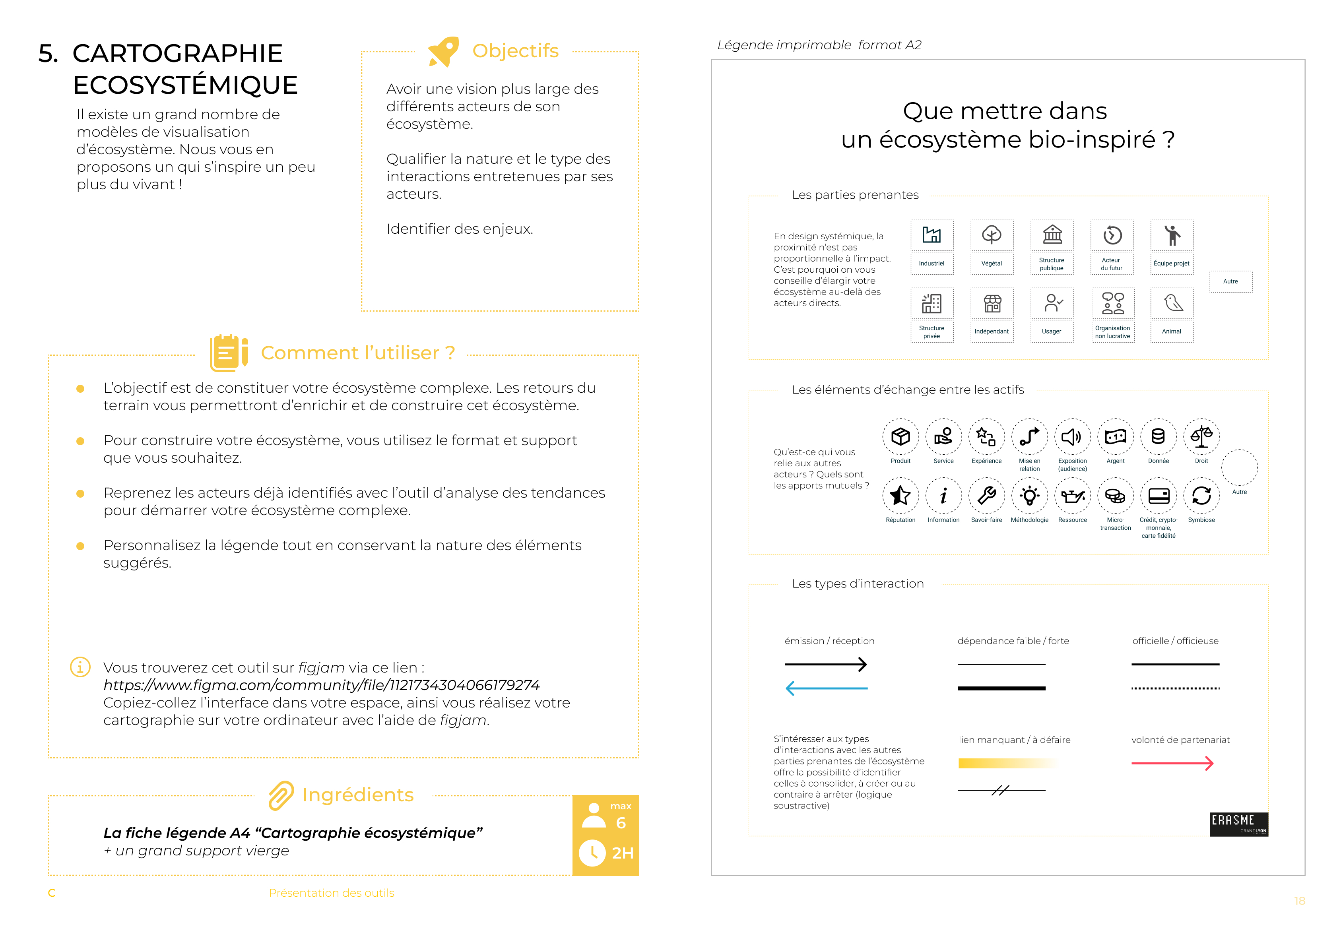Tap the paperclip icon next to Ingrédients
pyautogui.click(x=281, y=795)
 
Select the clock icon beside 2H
pyautogui.click(x=592, y=853)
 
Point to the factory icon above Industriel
pyautogui.click(x=931, y=235)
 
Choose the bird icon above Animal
pyautogui.click(x=1172, y=303)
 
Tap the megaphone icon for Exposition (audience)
pyautogui.click(x=1072, y=436)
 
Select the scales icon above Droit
pyautogui.click(x=1201, y=436)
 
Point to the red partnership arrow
pyautogui.click(x=1172, y=763)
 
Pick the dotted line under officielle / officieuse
pyautogui.click(x=1175, y=688)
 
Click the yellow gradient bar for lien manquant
pyautogui.click(x=1006, y=763)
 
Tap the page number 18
pyautogui.click(x=1299, y=901)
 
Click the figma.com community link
pyautogui.click(x=321, y=685)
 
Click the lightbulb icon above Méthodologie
pyautogui.click(x=1029, y=496)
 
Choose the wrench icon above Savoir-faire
pyautogui.click(x=986, y=496)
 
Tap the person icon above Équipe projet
pyautogui.click(x=1172, y=235)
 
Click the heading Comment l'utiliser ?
pyautogui.click(x=357, y=353)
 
